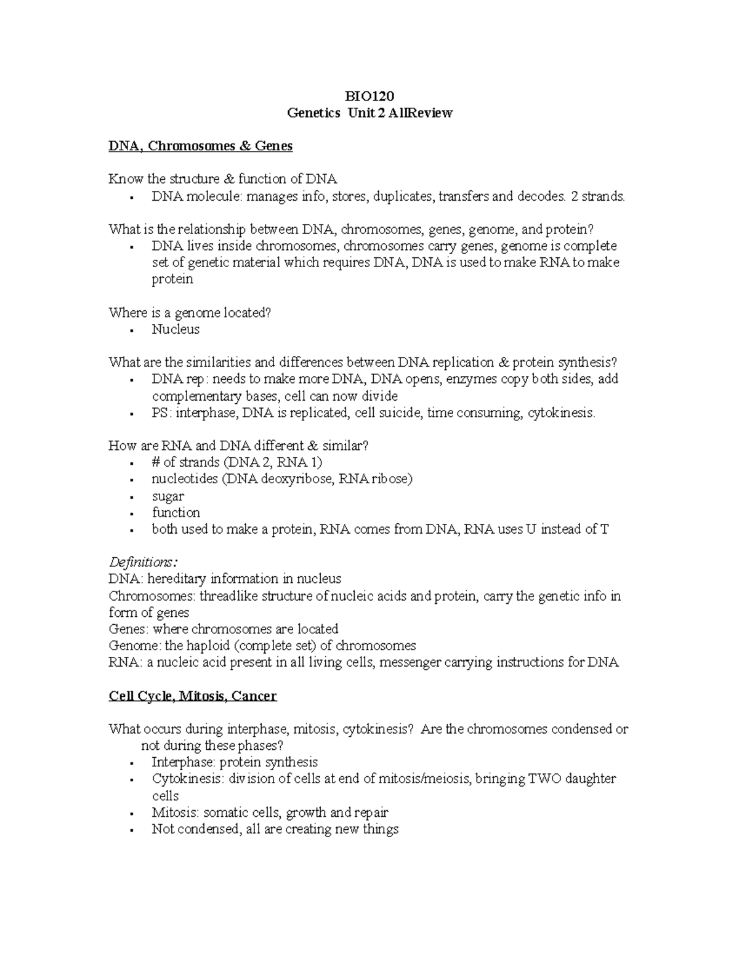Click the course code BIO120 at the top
click(x=369, y=96)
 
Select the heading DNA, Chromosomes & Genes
click(x=200, y=146)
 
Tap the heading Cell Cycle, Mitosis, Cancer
click(x=192, y=696)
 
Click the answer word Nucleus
click(x=176, y=329)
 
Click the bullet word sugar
click(x=168, y=496)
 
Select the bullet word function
click(x=176, y=513)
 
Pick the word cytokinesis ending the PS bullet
click(x=562, y=412)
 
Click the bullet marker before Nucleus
click(x=132, y=331)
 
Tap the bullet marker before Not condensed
click(x=132, y=830)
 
